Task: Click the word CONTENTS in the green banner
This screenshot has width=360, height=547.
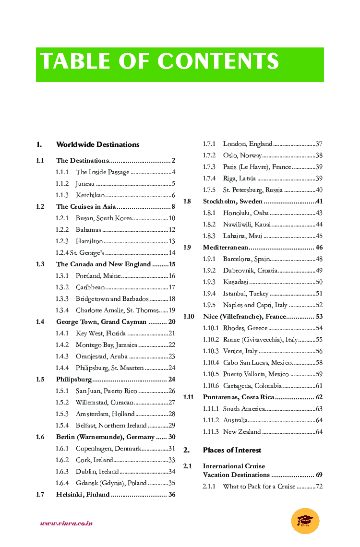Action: click(x=218, y=61)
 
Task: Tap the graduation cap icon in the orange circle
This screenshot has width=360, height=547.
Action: click(x=305, y=521)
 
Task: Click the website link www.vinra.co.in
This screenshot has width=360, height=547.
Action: click(x=66, y=523)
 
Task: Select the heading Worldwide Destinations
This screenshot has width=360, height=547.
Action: click(x=98, y=144)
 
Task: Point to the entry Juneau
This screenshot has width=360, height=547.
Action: click(x=85, y=184)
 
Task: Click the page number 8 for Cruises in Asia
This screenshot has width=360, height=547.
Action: click(x=173, y=207)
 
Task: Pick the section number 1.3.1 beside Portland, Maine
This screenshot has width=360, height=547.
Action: click(x=62, y=276)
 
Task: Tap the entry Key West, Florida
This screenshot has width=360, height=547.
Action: click(x=101, y=333)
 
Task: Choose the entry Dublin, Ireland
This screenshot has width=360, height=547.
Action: click(x=97, y=472)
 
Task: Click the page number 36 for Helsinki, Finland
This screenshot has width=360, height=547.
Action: click(x=172, y=495)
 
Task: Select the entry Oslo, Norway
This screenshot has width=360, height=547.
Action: click(x=242, y=155)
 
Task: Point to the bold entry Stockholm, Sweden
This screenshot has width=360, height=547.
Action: click(x=233, y=202)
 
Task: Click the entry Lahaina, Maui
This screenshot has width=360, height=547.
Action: click(x=242, y=236)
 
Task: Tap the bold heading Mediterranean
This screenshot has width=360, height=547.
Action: click(x=226, y=248)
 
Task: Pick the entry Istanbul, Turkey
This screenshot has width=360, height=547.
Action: click(x=246, y=294)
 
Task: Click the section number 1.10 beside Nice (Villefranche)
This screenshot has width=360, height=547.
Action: click(x=189, y=317)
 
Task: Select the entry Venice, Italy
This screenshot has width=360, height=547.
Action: click(x=240, y=351)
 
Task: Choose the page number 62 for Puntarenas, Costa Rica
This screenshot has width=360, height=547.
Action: click(x=319, y=397)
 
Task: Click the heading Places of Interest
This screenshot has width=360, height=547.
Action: click(x=232, y=450)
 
